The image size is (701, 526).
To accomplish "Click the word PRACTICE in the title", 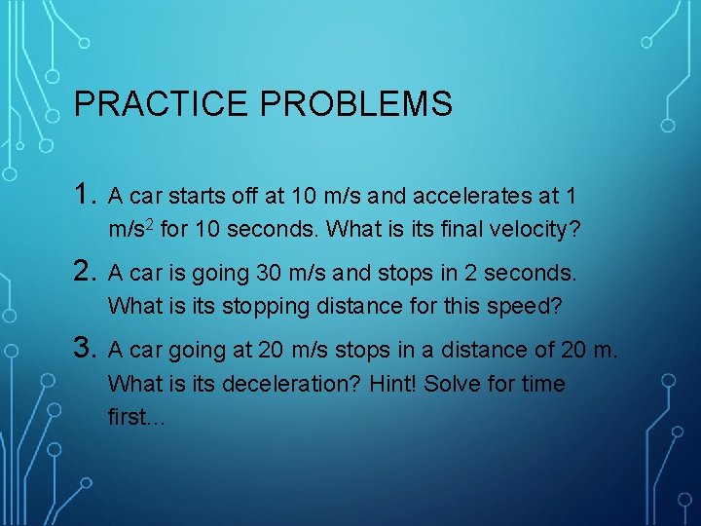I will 157,104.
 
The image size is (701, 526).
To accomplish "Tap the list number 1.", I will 86,196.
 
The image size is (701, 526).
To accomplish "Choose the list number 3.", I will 86,348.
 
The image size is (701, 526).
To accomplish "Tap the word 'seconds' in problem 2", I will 535,272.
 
